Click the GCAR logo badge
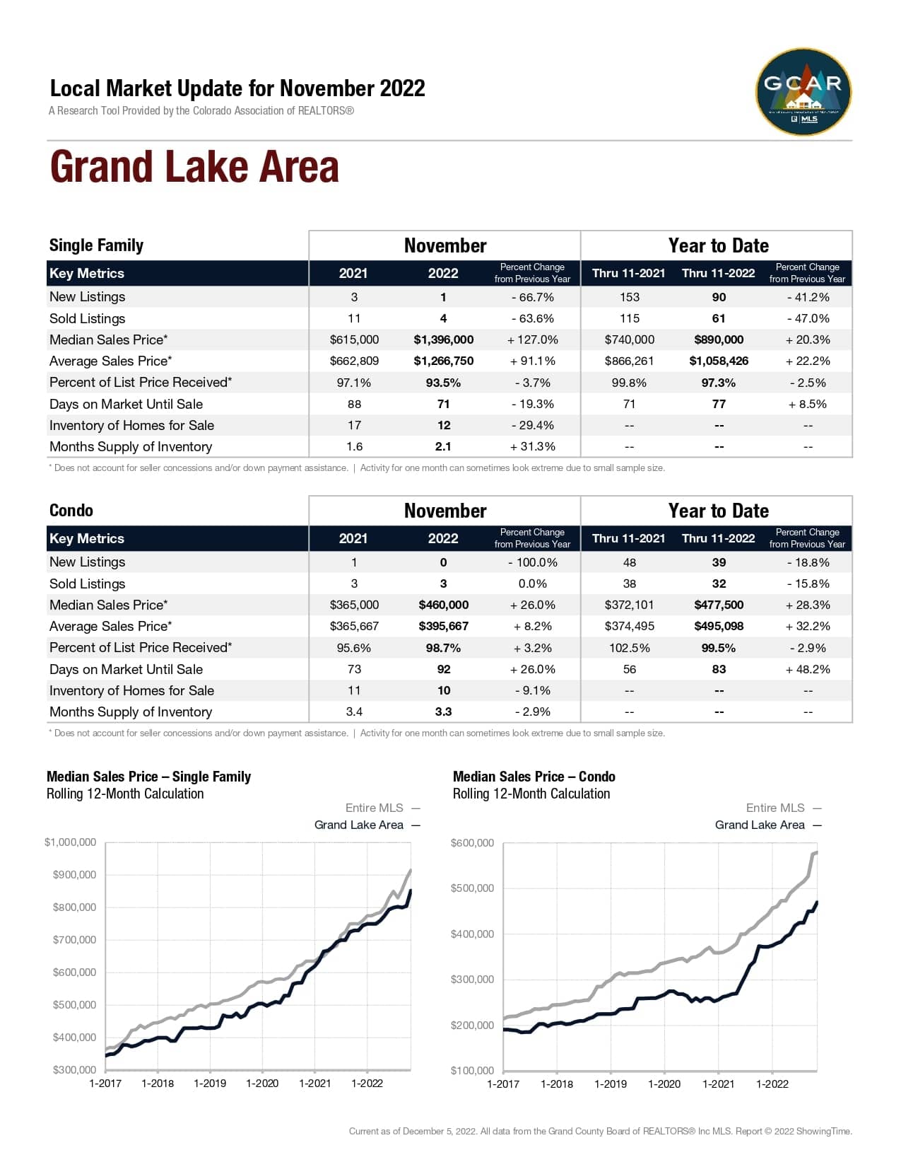click(x=803, y=92)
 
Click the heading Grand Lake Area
click(x=194, y=167)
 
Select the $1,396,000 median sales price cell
click(x=444, y=339)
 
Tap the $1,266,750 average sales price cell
click(x=444, y=361)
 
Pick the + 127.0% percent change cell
click(x=532, y=339)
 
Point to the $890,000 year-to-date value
click(x=719, y=339)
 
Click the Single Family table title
click(x=96, y=245)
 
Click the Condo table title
click(x=71, y=511)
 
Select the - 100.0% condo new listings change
click(x=532, y=562)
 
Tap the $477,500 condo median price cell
click(x=719, y=605)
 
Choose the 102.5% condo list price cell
click(x=629, y=648)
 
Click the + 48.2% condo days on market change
click(x=808, y=669)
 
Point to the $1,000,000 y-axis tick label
click(x=70, y=842)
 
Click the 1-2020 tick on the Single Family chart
click(x=262, y=1084)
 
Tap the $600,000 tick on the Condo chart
click(x=472, y=842)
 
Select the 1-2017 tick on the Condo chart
click(x=503, y=1084)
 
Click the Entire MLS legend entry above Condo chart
click(x=775, y=808)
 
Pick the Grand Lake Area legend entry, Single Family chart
click(x=359, y=825)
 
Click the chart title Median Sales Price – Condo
click(x=534, y=777)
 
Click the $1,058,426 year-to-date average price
click(x=719, y=361)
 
